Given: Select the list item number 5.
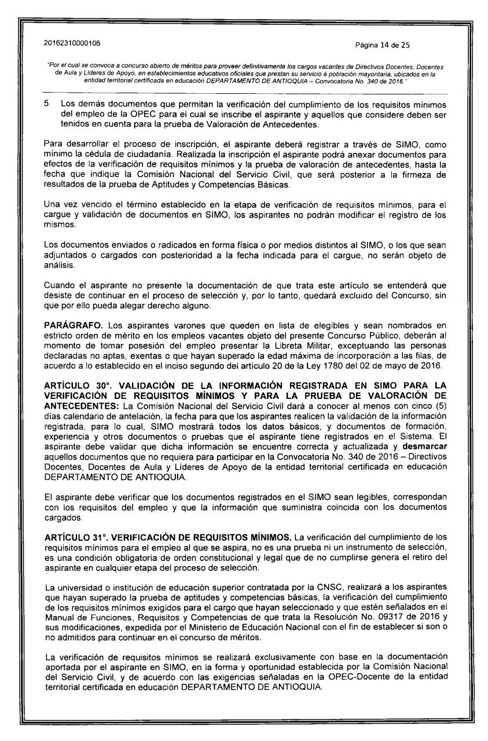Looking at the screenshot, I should (49, 87).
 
